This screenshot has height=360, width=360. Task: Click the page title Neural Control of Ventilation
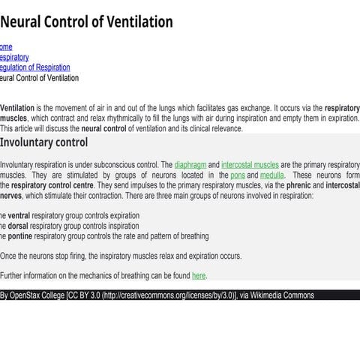coord(86,22)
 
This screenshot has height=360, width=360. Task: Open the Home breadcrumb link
coord(6,46)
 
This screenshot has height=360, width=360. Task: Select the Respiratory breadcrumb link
coord(14,57)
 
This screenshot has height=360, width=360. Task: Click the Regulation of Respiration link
coord(35,67)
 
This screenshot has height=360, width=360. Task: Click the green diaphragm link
coord(190,164)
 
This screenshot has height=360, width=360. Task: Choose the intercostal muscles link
coord(250,164)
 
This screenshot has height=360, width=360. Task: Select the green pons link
coord(238,175)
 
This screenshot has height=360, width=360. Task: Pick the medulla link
coord(272,175)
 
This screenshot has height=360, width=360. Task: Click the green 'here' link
coord(199,276)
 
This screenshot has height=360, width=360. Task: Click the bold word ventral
coord(19,215)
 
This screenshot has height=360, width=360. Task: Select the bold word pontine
coord(21,236)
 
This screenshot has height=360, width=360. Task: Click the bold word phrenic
coord(301,185)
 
